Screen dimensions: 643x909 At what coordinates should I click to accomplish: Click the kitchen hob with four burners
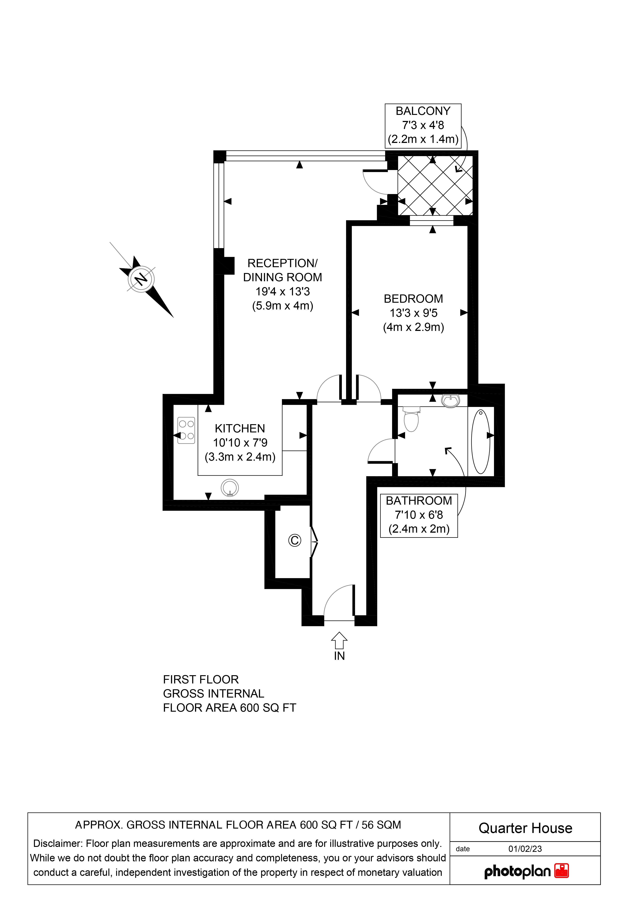coord(186,430)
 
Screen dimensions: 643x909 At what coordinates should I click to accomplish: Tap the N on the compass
coord(141,279)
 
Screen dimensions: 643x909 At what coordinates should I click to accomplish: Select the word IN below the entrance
coord(339,656)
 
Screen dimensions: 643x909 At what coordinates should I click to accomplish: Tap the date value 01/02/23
coord(525,849)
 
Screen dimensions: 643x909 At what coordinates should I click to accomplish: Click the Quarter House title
coord(525,828)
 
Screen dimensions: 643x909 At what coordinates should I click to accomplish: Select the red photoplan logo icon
coord(561,871)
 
